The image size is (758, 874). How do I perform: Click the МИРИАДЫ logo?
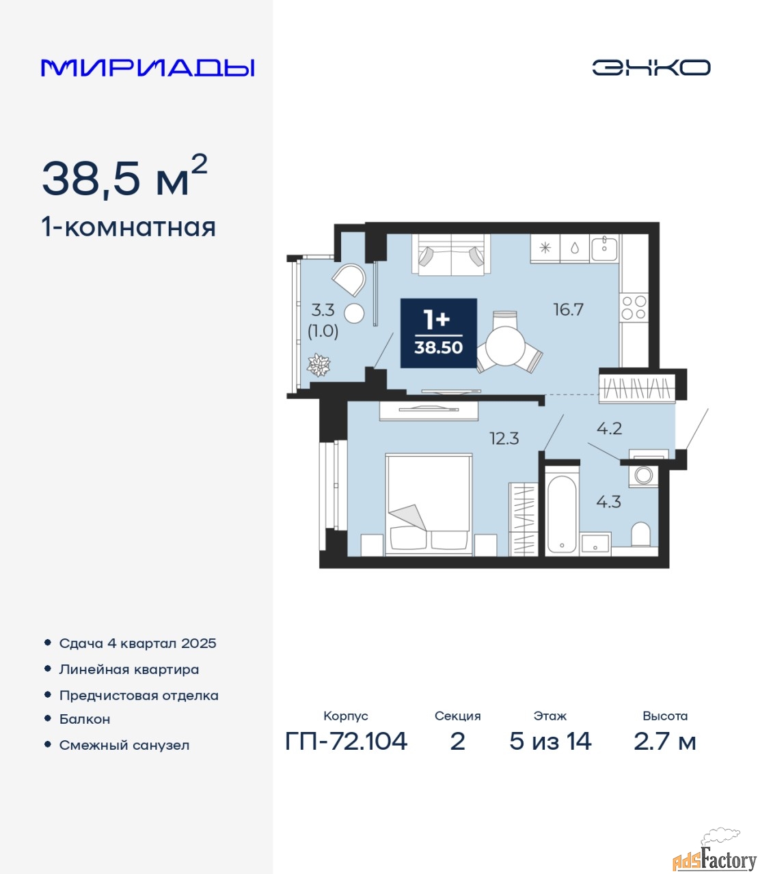click(x=148, y=68)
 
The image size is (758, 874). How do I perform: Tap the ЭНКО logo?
click(x=651, y=68)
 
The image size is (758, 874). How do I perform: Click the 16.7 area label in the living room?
click(x=569, y=309)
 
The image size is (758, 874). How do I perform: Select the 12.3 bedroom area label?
click(x=504, y=438)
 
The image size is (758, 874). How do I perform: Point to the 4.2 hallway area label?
click(x=609, y=429)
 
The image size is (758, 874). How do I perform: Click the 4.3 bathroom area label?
click(x=608, y=502)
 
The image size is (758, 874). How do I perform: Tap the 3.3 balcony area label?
click(x=323, y=311)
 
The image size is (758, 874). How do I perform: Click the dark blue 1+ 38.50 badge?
click(x=438, y=333)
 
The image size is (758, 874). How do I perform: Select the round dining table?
click(x=505, y=346)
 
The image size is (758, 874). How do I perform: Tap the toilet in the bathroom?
click(x=640, y=535)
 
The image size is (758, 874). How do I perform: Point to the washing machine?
click(x=643, y=475)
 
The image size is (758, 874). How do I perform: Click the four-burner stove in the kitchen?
click(x=634, y=307)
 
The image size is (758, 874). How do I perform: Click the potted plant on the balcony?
click(x=319, y=365)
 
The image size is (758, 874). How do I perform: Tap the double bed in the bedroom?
click(x=429, y=504)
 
